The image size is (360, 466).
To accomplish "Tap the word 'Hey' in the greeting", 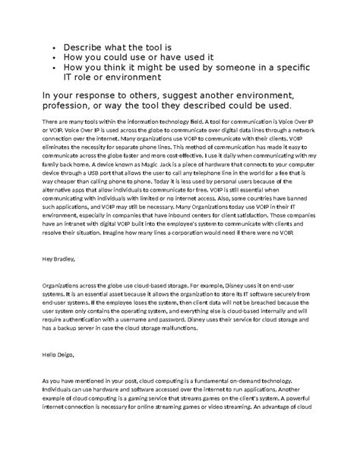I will [x=48, y=259].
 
